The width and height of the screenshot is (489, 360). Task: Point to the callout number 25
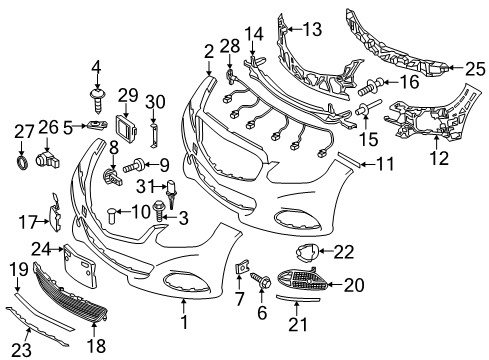473,69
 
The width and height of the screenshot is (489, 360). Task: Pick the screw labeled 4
97,94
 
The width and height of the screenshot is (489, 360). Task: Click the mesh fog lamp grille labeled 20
297,286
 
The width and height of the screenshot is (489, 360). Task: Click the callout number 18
95,345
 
